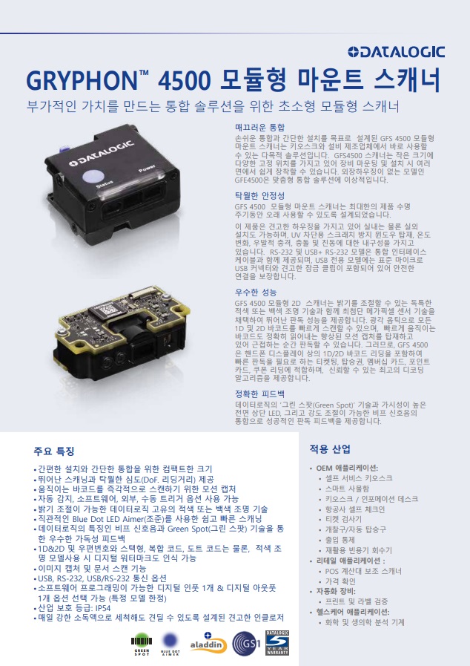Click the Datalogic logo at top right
[x=396, y=52]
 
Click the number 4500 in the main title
[x=184, y=81]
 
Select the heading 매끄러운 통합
[x=259, y=127]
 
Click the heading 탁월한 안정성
[x=259, y=195]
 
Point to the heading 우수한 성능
[x=256, y=293]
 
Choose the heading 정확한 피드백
[x=259, y=394]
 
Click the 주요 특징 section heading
[x=54, y=451]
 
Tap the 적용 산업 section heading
[x=330, y=449]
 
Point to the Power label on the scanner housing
[x=147, y=169]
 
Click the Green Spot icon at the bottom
[x=142, y=644]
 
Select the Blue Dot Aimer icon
[x=170, y=644]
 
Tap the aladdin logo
[x=208, y=644]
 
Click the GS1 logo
[x=246, y=644]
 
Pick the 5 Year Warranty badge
[x=277, y=643]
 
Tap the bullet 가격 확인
[x=340, y=581]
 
